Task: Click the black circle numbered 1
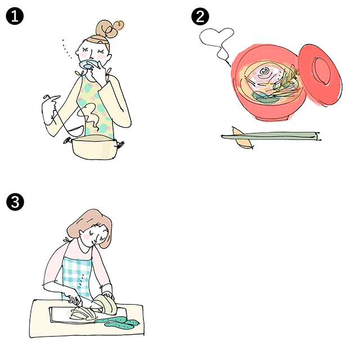pos(15,16)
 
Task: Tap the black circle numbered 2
pos(200,16)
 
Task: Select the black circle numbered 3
pos(15,202)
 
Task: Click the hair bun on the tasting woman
pos(110,29)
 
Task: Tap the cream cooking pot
pos(94,147)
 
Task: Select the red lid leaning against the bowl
pos(319,74)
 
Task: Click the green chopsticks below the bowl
pos(271,136)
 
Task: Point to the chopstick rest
pos(242,138)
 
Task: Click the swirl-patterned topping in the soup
pos(265,73)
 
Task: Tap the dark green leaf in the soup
pos(264,97)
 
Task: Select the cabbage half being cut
pos(106,304)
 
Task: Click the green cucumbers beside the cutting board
pos(118,321)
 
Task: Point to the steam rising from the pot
pos(91,117)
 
